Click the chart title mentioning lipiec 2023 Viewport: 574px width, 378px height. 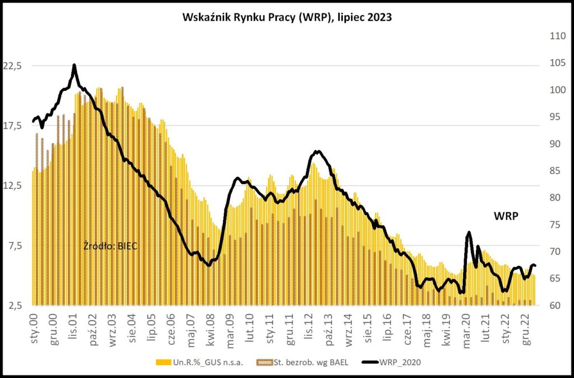pyautogui.click(x=287, y=17)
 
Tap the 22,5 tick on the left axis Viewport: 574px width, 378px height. pyautogui.click(x=12, y=66)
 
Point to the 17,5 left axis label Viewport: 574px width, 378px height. pyautogui.click(x=12, y=126)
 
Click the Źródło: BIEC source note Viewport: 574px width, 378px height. pyautogui.click(x=110, y=245)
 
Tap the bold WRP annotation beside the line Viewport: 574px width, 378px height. pyautogui.click(x=505, y=216)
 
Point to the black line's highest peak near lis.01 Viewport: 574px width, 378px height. pyautogui.click(x=74, y=65)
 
